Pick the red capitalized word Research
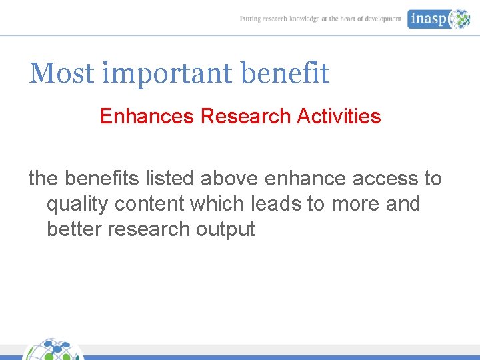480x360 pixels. [245, 117]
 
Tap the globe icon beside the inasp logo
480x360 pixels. [459, 19]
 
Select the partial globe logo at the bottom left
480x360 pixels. [53, 350]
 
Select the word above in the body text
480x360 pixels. [230, 179]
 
